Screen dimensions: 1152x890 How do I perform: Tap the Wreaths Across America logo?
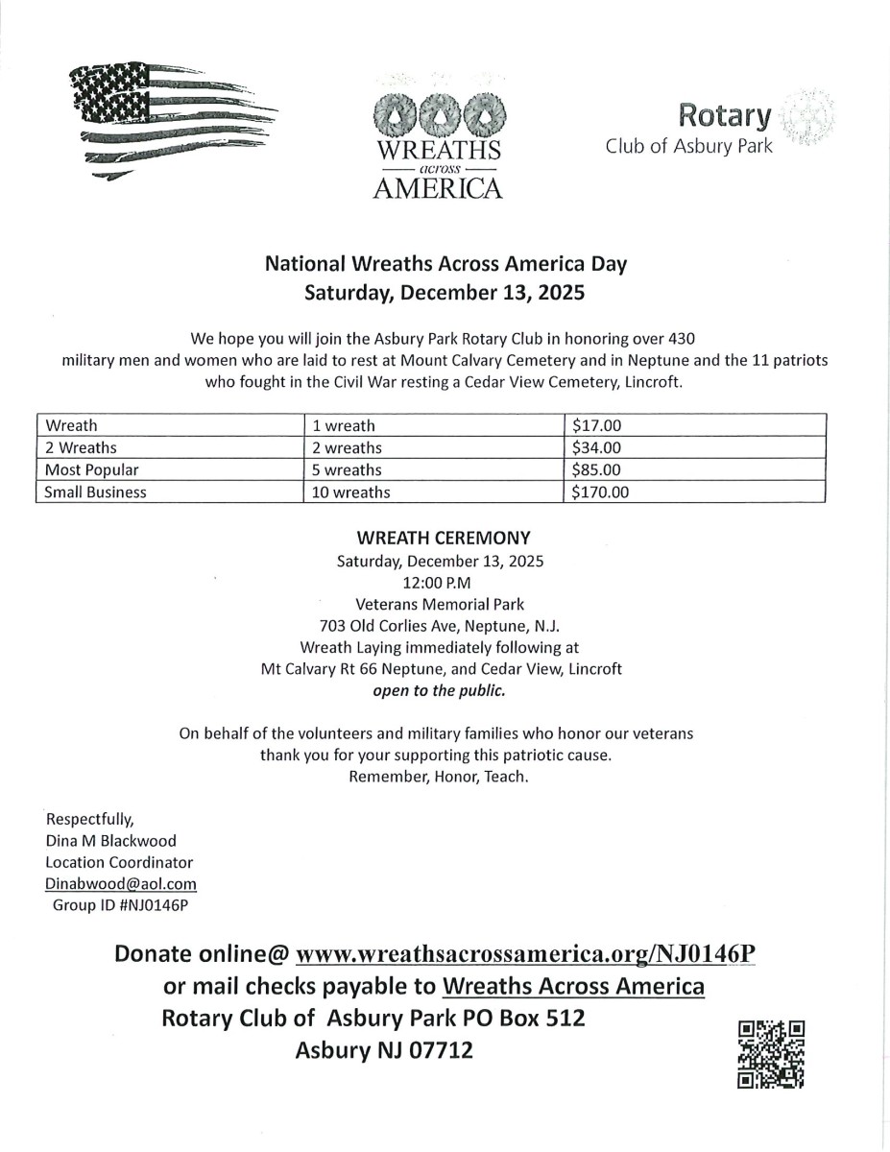pyautogui.click(x=437, y=134)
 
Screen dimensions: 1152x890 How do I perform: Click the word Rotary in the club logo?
pyautogui.click(x=725, y=117)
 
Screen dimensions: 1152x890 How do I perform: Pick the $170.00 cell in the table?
pyautogui.click(x=601, y=493)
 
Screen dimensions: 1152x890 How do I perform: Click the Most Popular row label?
pyautogui.click(x=92, y=470)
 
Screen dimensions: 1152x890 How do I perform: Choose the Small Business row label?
pyautogui.click(x=96, y=493)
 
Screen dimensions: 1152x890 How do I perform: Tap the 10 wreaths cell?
pyautogui.click(x=351, y=493)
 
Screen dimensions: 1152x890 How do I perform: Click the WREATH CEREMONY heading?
pyautogui.click(x=444, y=538)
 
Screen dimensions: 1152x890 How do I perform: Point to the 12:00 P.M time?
pyautogui.click(x=444, y=582)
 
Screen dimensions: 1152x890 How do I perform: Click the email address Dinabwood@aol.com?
pyautogui.click(x=121, y=883)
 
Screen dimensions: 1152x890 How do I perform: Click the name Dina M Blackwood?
pyautogui.click(x=111, y=841)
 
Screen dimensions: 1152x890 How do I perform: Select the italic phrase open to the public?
pyautogui.click(x=444, y=690)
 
